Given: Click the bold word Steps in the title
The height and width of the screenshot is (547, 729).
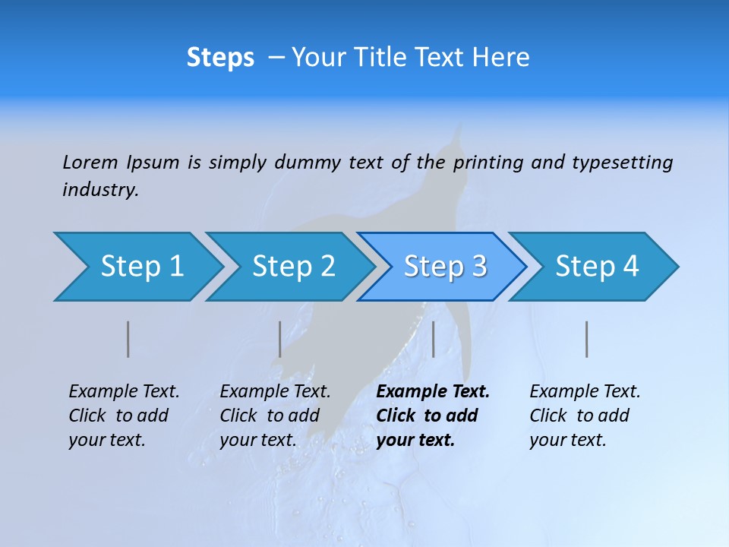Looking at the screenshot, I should tap(220, 58).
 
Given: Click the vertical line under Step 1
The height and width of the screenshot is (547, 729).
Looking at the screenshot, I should tap(128, 339).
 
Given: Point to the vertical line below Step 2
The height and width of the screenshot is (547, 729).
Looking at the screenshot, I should tap(280, 339).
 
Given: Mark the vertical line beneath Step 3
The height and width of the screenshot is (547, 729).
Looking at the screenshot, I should tap(433, 339).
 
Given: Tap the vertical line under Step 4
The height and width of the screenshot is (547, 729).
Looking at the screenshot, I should tap(587, 339).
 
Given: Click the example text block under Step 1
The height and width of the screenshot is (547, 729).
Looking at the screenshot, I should tap(124, 416).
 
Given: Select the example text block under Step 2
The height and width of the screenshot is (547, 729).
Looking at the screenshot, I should tap(275, 416).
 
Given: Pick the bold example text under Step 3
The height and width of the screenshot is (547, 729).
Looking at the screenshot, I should tap(433, 416).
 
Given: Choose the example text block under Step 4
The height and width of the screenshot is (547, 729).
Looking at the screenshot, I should tap(585, 416).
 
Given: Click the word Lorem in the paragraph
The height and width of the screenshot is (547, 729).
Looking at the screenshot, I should tap(90, 162).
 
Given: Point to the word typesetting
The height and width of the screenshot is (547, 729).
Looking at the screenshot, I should tap(622, 163).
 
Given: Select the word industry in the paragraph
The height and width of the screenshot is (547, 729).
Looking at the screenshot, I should tap(100, 190).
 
